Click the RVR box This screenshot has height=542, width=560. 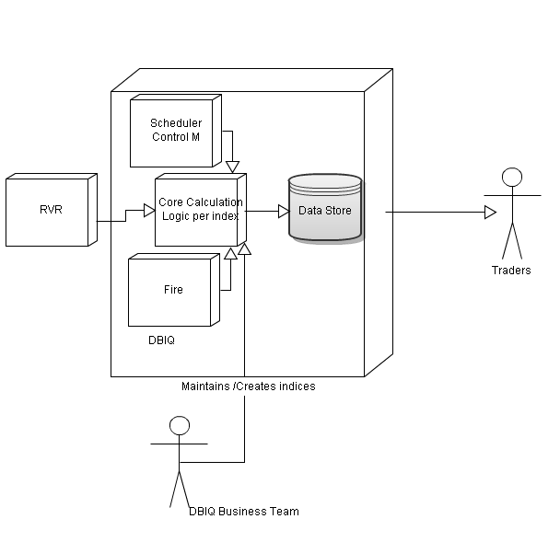tap(51, 211)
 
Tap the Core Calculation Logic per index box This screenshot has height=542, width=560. tap(199, 209)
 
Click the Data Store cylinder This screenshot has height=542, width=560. tap(324, 209)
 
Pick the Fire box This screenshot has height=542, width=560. tap(173, 289)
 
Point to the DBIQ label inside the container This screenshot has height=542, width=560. tap(161, 340)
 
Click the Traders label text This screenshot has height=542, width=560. tap(510, 271)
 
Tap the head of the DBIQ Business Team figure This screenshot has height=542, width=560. tap(180, 425)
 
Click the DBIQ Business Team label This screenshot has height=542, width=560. tap(243, 512)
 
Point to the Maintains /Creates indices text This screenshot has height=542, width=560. tap(249, 386)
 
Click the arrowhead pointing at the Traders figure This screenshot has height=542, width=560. tap(491, 213)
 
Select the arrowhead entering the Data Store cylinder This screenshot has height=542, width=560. tap(284, 211)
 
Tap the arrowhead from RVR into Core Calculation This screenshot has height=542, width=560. tap(149, 211)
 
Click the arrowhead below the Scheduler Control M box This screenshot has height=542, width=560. tap(232, 167)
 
